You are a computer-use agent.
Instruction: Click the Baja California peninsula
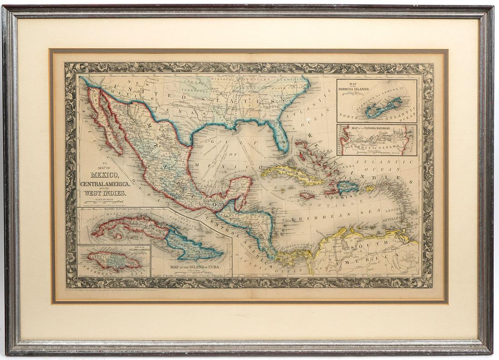tap(105, 120)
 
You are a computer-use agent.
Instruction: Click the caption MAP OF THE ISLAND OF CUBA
tap(195, 267)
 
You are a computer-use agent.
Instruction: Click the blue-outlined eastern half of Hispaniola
tap(347, 187)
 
